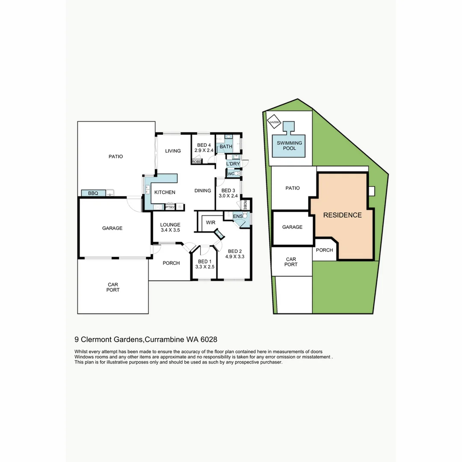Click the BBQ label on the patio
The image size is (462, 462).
[x=93, y=194]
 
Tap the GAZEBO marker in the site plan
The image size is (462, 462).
[x=274, y=122]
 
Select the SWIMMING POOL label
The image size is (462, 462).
[x=289, y=145]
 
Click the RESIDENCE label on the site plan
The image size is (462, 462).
[x=342, y=215]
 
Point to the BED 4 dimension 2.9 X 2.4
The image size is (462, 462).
[x=204, y=151]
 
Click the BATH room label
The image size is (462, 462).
[x=226, y=147]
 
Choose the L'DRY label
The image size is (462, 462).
[x=233, y=164]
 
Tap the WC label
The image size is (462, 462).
[x=231, y=174]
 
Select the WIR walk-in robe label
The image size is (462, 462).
[x=210, y=223]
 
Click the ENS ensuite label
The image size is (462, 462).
[x=237, y=216]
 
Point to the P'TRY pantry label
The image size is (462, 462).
[x=170, y=207]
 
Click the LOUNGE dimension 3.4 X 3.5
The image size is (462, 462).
[x=170, y=230]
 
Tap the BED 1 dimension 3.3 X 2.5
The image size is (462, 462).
[x=204, y=267]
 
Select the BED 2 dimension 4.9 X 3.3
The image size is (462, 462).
[x=235, y=257]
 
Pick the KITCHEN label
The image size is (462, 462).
[x=165, y=192]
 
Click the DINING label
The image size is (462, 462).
[x=202, y=191]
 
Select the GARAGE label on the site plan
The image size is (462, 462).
[x=292, y=227]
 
